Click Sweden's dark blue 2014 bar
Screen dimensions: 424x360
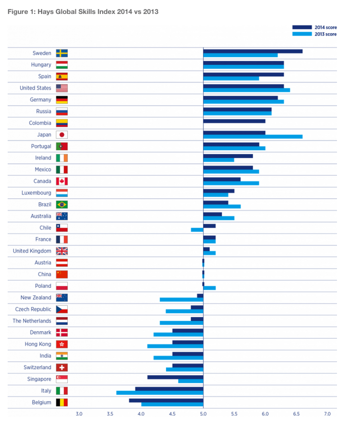(x=252, y=51)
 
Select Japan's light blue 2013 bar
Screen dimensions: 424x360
(x=252, y=136)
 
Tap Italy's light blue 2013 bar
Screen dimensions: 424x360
(x=159, y=393)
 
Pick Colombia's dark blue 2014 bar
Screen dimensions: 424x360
(x=234, y=121)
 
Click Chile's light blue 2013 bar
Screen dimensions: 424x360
(x=197, y=230)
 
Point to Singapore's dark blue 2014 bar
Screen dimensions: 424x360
(x=175, y=377)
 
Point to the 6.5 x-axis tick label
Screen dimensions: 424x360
(x=296, y=413)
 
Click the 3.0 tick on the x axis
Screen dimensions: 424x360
(x=79, y=413)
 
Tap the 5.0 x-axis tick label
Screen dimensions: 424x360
(x=203, y=413)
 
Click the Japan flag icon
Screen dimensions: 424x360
(x=61, y=134)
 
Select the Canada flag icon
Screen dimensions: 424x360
(x=61, y=181)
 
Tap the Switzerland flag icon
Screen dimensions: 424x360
(x=61, y=367)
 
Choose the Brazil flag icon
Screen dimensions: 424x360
(x=61, y=205)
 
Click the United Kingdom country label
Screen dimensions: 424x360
(x=32, y=251)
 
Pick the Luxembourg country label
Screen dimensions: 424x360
(x=36, y=193)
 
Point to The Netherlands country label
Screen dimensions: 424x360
(x=32, y=321)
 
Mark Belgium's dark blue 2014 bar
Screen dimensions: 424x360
(x=166, y=400)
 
